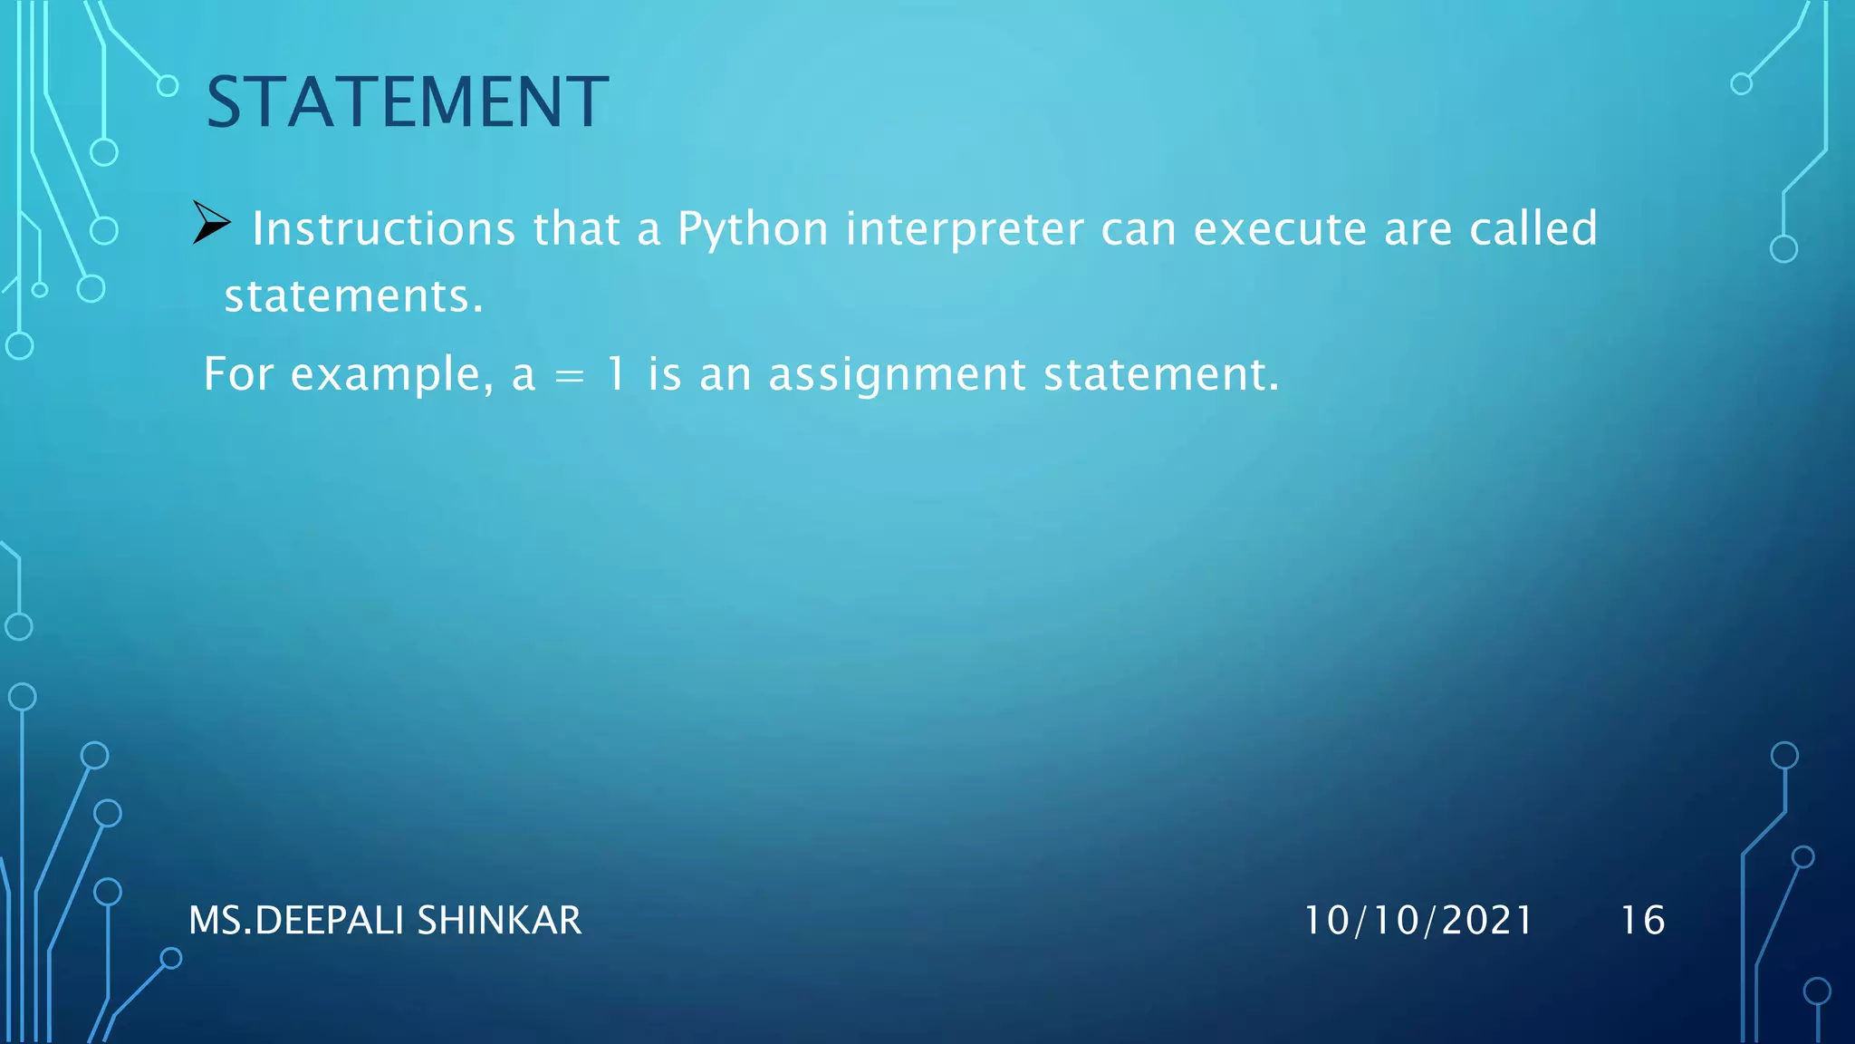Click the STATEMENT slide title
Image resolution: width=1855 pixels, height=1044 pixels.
(x=407, y=101)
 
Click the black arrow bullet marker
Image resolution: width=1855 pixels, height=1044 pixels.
(x=212, y=223)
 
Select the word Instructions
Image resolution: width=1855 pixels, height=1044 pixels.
(x=384, y=228)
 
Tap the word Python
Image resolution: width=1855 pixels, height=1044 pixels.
(x=753, y=229)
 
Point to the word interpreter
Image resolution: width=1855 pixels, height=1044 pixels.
(x=965, y=229)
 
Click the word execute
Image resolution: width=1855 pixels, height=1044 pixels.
(x=1280, y=228)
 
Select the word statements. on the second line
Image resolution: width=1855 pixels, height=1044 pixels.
(x=354, y=296)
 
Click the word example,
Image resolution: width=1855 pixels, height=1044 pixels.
(x=392, y=374)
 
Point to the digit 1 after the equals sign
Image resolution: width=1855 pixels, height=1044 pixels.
(x=617, y=373)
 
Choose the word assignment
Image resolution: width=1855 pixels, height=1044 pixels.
(x=897, y=375)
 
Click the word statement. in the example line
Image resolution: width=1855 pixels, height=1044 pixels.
(x=1161, y=373)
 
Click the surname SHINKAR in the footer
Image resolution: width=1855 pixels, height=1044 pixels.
(x=499, y=921)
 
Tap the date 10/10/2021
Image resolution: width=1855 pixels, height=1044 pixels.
(x=1418, y=921)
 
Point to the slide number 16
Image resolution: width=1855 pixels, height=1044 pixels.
(x=1642, y=921)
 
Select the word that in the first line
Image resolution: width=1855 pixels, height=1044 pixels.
(x=576, y=228)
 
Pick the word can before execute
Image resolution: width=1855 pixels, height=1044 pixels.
(x=1139, y=229)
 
